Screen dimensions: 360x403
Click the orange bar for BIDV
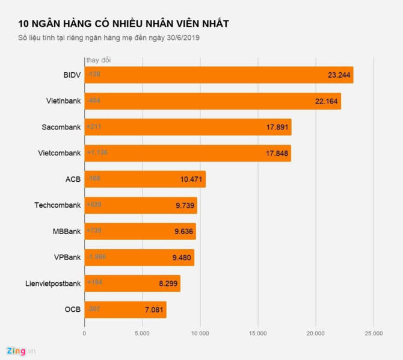click(x=218, y=75)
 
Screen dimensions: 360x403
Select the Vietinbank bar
click(x=212, y=101)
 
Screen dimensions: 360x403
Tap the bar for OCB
click(x=125, y=309)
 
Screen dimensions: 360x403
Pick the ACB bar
click(x=144, y=179)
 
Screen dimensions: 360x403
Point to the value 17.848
click(x=277, y=154)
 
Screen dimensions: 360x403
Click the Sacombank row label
click(x=61, y=127)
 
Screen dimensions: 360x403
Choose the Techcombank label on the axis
click(x=57, y=205)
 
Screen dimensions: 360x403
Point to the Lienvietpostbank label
click(x=53, y=284)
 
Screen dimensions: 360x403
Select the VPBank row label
click(x=67, y=257)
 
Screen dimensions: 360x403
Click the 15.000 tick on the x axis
click(x=257, y=333)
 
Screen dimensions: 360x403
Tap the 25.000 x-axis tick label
click(x=373, y=333)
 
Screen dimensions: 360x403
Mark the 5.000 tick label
click(x=142, y=333)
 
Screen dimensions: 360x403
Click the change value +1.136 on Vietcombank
click(x=97, y=152)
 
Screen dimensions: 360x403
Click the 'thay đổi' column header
click(x=98, y=60)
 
